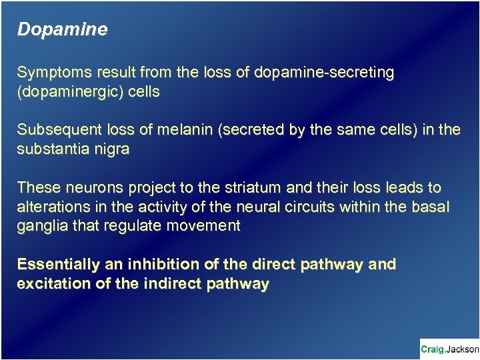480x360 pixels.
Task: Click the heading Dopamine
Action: click(x=62, y=30)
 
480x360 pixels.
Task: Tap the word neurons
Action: click(x=89, y=188)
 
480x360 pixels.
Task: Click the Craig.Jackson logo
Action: click(x=449, y=349)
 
